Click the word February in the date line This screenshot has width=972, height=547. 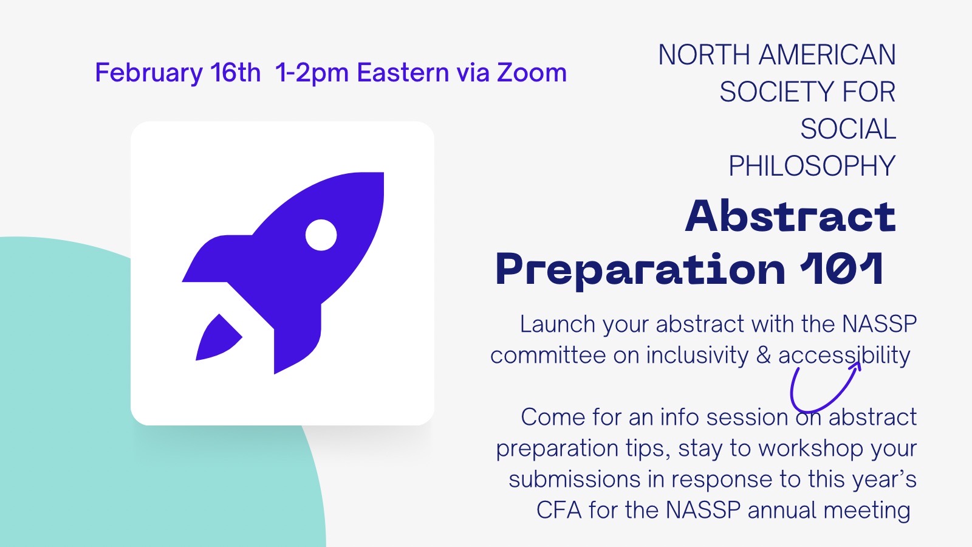[x=149, y=73]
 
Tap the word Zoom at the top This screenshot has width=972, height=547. [x=532, y=72]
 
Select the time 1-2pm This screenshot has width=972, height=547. [x=312, y=73]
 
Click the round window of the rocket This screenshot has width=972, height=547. [x=321, y=235]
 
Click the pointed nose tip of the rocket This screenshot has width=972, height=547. [x=382, y=174]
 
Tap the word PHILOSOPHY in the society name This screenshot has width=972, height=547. [x=812, y=166]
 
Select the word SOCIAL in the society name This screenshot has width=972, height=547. [x=848, y=129]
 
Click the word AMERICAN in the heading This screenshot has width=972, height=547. [x=827, y=55]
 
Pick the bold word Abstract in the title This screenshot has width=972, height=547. [x=790, y=216]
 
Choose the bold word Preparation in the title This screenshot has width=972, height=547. [x=640, y=270]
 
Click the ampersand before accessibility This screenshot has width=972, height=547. [x=764, y=355]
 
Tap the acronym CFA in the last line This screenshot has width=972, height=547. [x=559, y=511]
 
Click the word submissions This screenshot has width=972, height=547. [x=574, y=480]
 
